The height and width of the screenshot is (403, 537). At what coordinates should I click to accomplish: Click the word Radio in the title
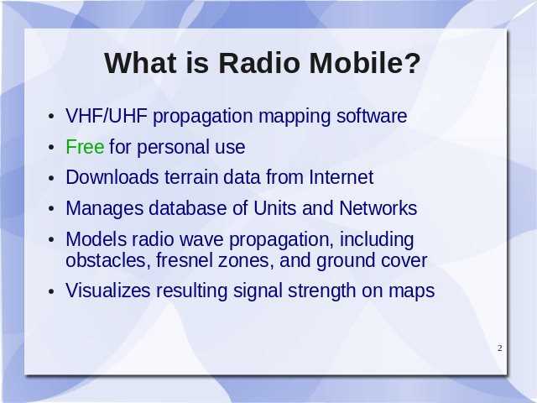pos(259,63)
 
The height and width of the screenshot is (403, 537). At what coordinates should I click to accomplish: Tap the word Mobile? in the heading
pos(365,63)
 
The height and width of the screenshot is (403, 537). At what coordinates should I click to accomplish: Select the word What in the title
pos(140,63)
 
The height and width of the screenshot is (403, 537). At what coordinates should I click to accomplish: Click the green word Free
pos(85,147)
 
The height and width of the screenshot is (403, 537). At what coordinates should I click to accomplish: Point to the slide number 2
pos(500,348)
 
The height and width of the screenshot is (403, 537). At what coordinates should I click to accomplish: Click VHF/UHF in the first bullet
pos(107,116)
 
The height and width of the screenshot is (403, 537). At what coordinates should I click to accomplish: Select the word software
pos(372,116)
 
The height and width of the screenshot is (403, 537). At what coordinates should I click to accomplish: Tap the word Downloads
pos(112,177)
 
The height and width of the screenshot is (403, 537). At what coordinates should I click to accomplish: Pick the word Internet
pos(341,177)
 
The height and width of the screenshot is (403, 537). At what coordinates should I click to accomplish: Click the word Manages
pos(104,208)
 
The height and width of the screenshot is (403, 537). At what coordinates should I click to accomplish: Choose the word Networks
pos(378,208)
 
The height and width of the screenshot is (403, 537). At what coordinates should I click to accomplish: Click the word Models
pos(96,238)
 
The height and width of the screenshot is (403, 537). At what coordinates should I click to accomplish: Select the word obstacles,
pos(108,260)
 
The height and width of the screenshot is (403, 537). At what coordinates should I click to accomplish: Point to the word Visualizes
pos(108,290)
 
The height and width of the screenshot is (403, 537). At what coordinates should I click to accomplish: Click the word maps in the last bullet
pos(412,291)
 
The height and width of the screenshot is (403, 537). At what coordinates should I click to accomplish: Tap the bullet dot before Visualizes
pos(51,291)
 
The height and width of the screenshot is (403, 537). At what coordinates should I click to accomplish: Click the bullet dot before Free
pos(51,148)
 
